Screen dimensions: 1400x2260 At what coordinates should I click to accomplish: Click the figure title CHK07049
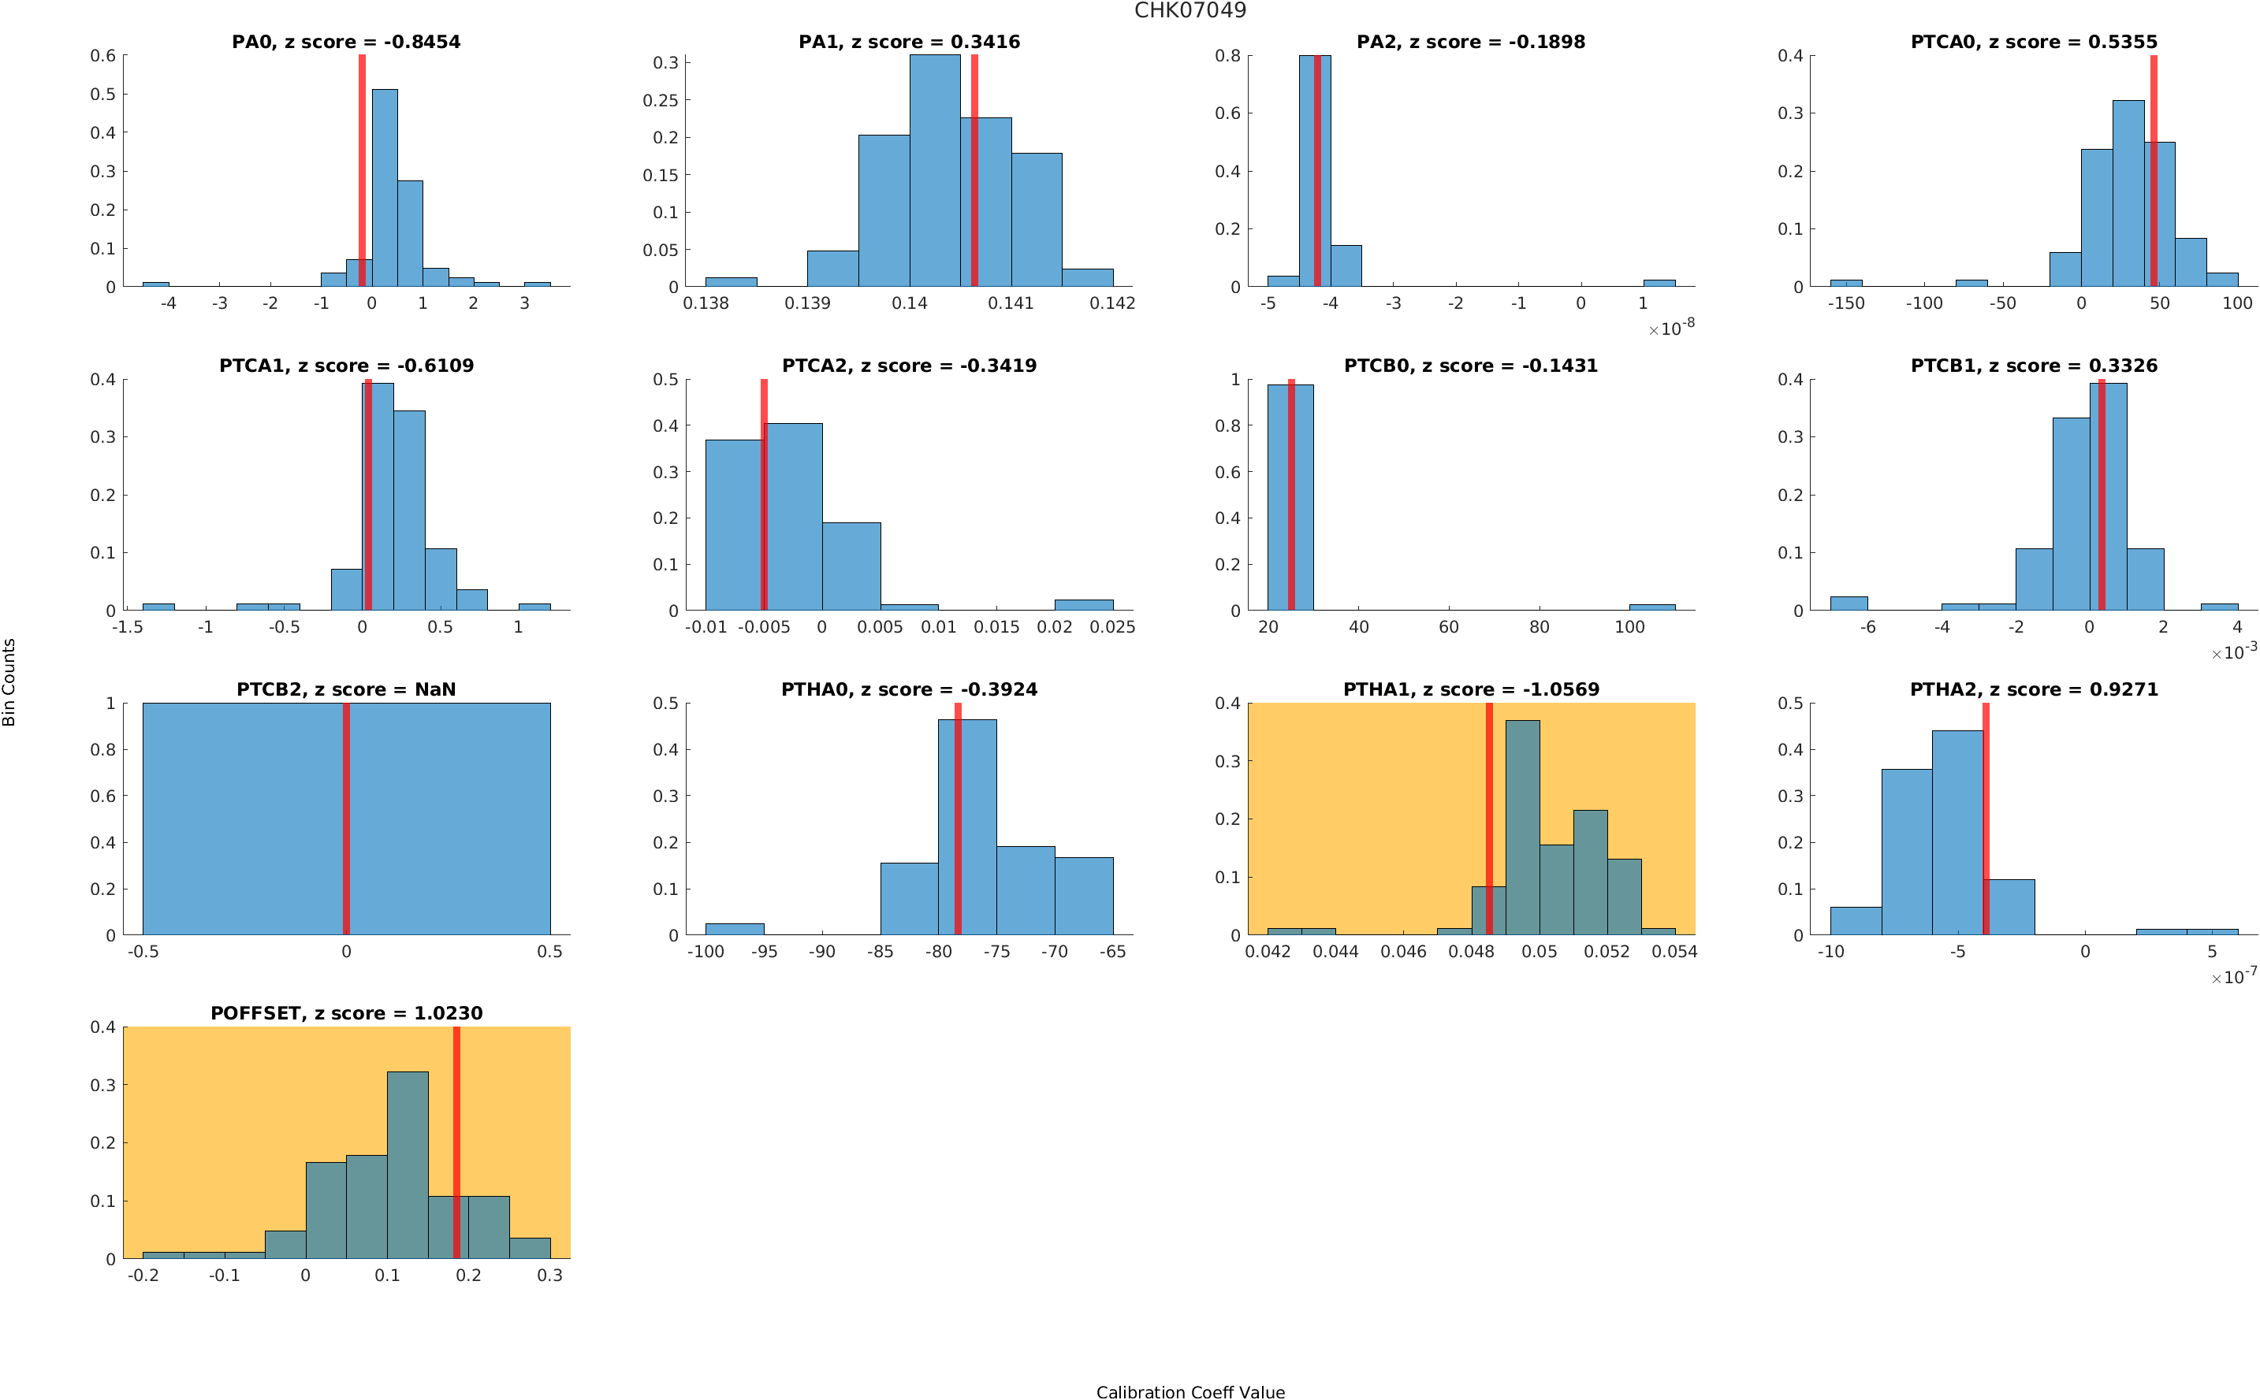[x=1190, y=10]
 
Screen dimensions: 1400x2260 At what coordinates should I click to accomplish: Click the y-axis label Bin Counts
[x=9, y=681]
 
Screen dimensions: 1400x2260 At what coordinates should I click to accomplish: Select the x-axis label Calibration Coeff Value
[x=1190, y=1391]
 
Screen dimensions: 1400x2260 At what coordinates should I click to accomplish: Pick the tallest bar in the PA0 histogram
[x=385, y=188]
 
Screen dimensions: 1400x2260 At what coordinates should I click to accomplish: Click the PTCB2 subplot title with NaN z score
[x=345, y=689]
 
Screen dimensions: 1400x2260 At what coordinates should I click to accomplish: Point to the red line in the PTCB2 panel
[x=346, y=819]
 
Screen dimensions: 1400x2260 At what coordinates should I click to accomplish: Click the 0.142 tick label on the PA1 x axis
[x=1111, y=303]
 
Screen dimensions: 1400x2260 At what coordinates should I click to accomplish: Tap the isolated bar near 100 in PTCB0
[x=1651, y=607]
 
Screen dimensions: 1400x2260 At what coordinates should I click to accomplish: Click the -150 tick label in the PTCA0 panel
[x=1845, y=303]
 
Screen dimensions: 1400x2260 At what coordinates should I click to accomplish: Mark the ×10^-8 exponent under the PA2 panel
[x=1671, y=328]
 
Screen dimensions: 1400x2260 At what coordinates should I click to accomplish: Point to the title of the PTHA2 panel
[x=2033, y=689]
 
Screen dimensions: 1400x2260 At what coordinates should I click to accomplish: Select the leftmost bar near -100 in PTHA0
[x=735, y=929]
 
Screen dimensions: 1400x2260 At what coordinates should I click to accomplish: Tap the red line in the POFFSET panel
[x=456, y=1142]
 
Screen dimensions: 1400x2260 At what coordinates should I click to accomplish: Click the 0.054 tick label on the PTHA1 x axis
[x=1674, y=951]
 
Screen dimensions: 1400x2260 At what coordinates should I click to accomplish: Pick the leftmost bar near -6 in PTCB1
[x=1849, y=603]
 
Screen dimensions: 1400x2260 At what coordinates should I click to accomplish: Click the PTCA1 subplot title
[x=345, y=365]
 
